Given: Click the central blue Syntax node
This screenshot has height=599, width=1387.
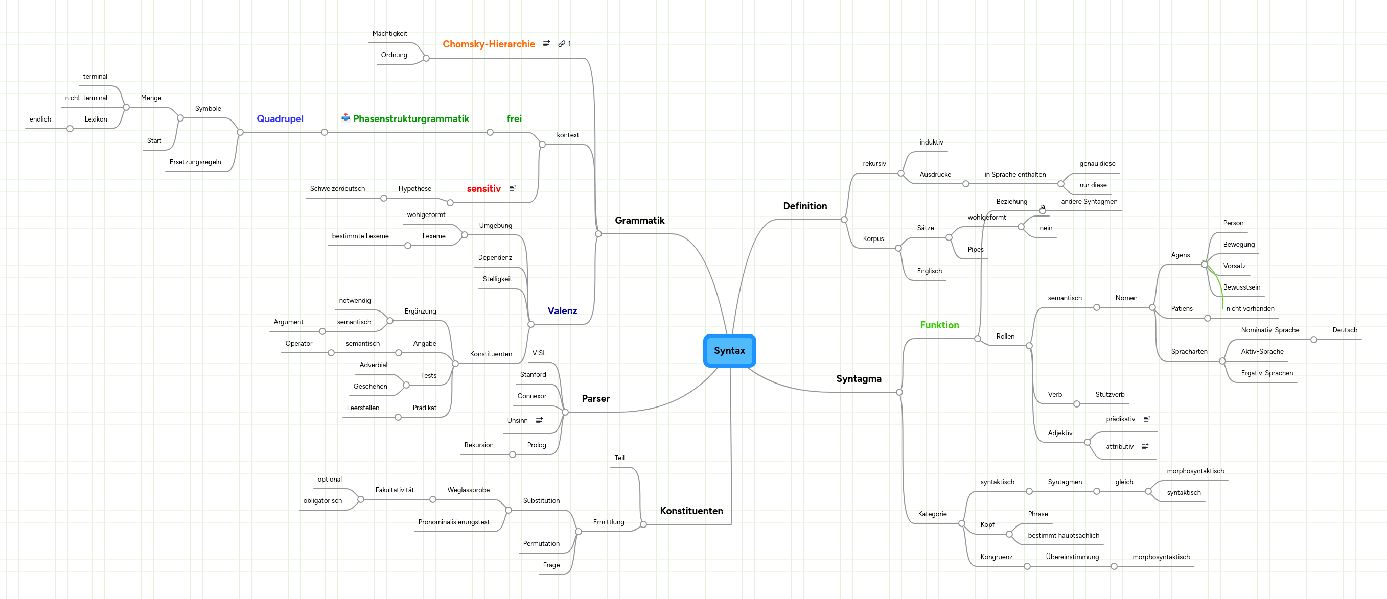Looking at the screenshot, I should (729, 350).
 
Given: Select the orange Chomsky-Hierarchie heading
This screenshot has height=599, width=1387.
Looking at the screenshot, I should (489, 44).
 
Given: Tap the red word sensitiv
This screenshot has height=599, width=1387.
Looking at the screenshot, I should (483, 189).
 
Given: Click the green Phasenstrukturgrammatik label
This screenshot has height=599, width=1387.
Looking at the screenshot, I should (411, 119).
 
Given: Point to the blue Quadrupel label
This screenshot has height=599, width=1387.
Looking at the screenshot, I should (280, 119).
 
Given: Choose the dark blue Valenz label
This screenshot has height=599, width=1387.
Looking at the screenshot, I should (562, 310).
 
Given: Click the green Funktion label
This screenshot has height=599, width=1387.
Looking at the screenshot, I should (939, 325).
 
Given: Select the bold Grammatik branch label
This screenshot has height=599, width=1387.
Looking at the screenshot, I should (639, 221).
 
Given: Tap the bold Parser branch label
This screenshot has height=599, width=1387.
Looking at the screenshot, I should (595, 399).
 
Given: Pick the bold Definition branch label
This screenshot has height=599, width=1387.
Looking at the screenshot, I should (804, 206).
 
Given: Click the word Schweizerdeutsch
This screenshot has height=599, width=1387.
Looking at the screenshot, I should (337, 189).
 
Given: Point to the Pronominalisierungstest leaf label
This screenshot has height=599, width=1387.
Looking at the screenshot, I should (454, 522).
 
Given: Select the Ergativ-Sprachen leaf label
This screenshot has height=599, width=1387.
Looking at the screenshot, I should (1266, 373).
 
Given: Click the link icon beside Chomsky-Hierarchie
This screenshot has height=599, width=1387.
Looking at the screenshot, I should (562, 44).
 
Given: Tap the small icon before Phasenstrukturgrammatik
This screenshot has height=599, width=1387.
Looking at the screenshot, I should (345, 118).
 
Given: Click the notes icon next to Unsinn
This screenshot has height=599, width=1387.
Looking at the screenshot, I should (539, 420).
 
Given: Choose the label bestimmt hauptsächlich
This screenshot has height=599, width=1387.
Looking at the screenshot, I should (1063, 536).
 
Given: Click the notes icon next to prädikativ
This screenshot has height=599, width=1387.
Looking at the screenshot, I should (1146, 419).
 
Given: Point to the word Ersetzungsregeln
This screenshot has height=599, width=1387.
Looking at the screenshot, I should (195, 162).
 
